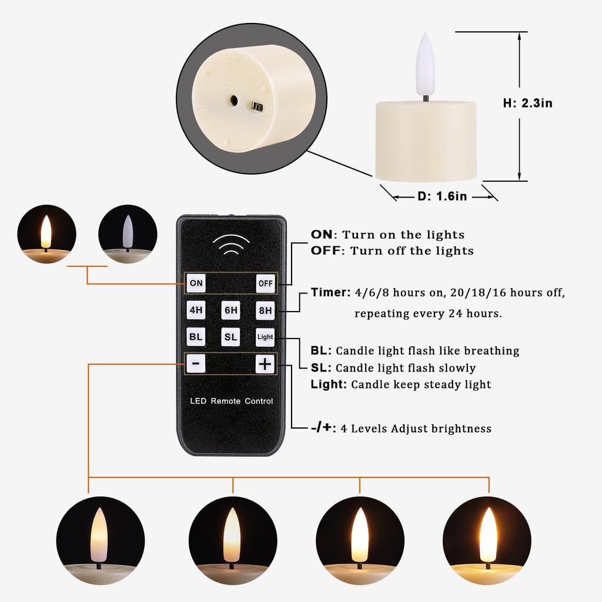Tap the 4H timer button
tap(196, 310)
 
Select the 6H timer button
tap(230, 310)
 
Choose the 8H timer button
tap(265, 310)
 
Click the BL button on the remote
tap(196, 337)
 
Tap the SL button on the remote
tap(230, 337)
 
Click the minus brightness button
tap(196, 364)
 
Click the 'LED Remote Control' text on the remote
tap(231, 402)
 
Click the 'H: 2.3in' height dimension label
tap(527, 103)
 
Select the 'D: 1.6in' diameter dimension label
tap(442, 196)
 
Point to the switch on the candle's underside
tap(256, 106)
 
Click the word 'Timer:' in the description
tap(330, 292)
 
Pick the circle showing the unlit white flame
tap(128, 234)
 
